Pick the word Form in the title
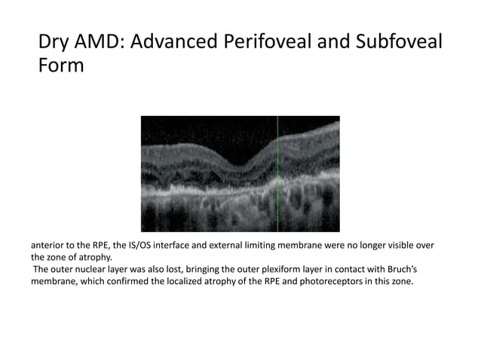click(60, 67)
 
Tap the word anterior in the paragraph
click(49, 246)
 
